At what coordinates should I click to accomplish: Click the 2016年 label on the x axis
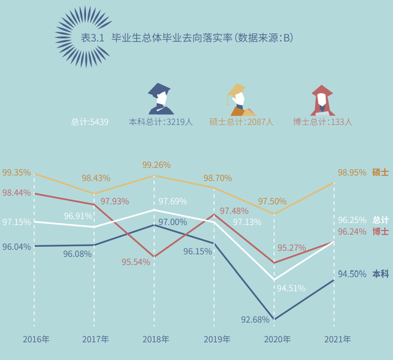(36, 339)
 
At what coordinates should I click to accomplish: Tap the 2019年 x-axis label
(217, 339)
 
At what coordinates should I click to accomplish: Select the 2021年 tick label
(337, 339)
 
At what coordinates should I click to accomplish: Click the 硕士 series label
(380, 173)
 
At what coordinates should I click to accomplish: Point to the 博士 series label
(380, 232)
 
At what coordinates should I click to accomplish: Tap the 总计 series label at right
(380, 220)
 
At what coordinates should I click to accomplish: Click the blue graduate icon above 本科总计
(161, 99)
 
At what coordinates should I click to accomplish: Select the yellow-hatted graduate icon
(241, 100)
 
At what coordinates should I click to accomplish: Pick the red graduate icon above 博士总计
(322, 100)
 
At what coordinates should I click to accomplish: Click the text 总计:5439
(90, 122)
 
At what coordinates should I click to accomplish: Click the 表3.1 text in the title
(93, 38)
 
